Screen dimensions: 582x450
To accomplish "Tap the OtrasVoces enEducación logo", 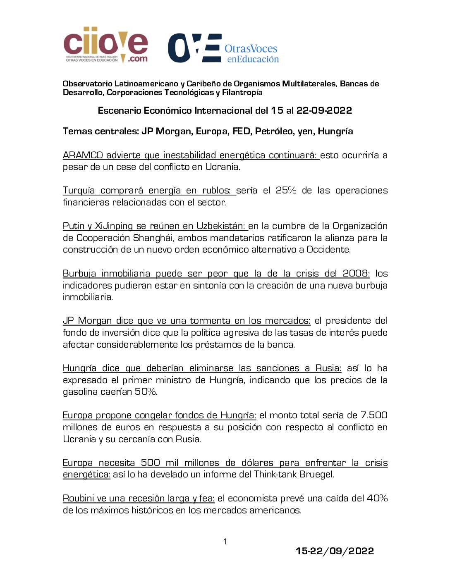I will coord(223,48).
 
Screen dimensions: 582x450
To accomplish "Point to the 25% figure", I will coord(286,191).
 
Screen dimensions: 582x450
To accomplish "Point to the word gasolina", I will coord(80,392).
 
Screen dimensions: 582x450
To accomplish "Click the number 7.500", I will coord(374,415).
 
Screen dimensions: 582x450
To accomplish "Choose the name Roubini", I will coord(78,499).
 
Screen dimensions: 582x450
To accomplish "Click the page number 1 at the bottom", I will coord(225,541).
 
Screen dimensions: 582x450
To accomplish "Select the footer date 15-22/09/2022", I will coord(335,551).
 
